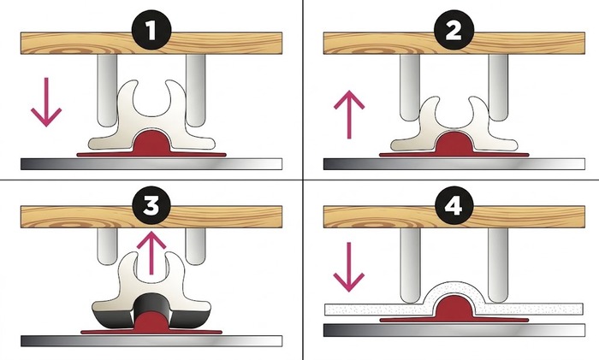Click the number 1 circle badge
[151, 31]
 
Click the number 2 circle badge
[454, 31]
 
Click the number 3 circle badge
[151, 206]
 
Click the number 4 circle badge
[454, 206]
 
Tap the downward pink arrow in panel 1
[46, 102]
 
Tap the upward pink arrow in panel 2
[349, 114]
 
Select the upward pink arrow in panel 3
[151, 253]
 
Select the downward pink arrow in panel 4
[349, 268]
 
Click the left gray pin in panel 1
[107, 90]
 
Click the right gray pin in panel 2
[499, 87]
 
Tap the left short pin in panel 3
[107, 246]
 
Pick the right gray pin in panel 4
[499, 265]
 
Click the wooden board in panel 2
[454, 43]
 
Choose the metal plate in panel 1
[151, 164]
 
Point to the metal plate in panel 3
[151, 341]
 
